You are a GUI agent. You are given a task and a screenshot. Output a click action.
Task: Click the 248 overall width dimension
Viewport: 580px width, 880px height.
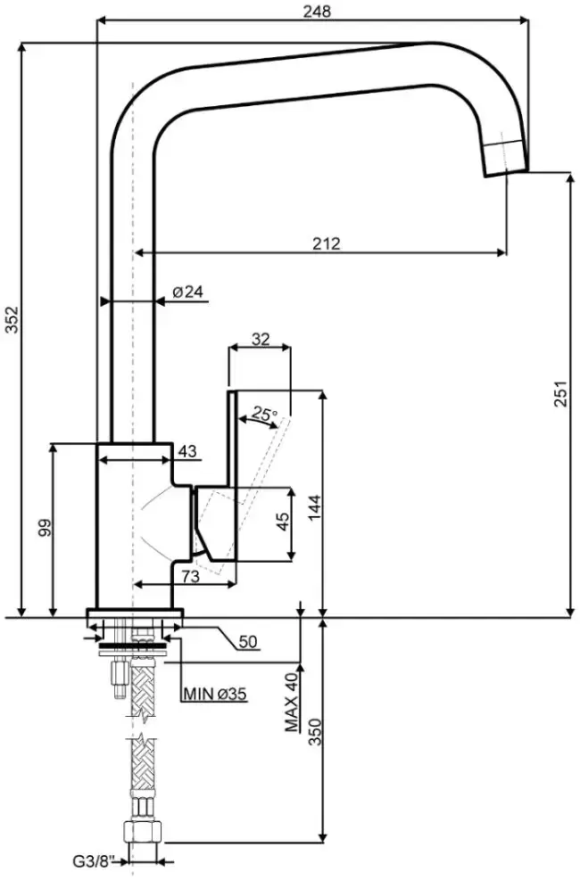[x=318, y=11]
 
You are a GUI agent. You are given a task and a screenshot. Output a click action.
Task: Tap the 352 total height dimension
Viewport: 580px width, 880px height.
[x=12, y=319]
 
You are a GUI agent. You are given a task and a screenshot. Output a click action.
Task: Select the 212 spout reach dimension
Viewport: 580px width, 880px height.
[x=327, y=243]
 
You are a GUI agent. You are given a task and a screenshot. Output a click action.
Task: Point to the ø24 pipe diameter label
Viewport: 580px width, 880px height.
[x=187, y=292]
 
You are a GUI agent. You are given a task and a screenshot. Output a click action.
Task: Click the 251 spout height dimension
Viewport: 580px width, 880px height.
[x=562, y=393]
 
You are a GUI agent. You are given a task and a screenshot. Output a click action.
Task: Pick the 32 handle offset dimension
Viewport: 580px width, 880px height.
[x=261, y=339]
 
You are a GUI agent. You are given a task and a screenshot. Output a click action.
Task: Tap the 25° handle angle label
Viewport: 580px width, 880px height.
[x=264, y=415]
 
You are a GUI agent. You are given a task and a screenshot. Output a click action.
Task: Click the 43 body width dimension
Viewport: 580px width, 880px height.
[x=187, y=451]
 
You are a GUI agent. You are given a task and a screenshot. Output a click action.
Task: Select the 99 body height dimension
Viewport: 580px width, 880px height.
[x=45, y=528]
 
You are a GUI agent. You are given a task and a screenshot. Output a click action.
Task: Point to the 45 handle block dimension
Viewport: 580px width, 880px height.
[x=284, y=522]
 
